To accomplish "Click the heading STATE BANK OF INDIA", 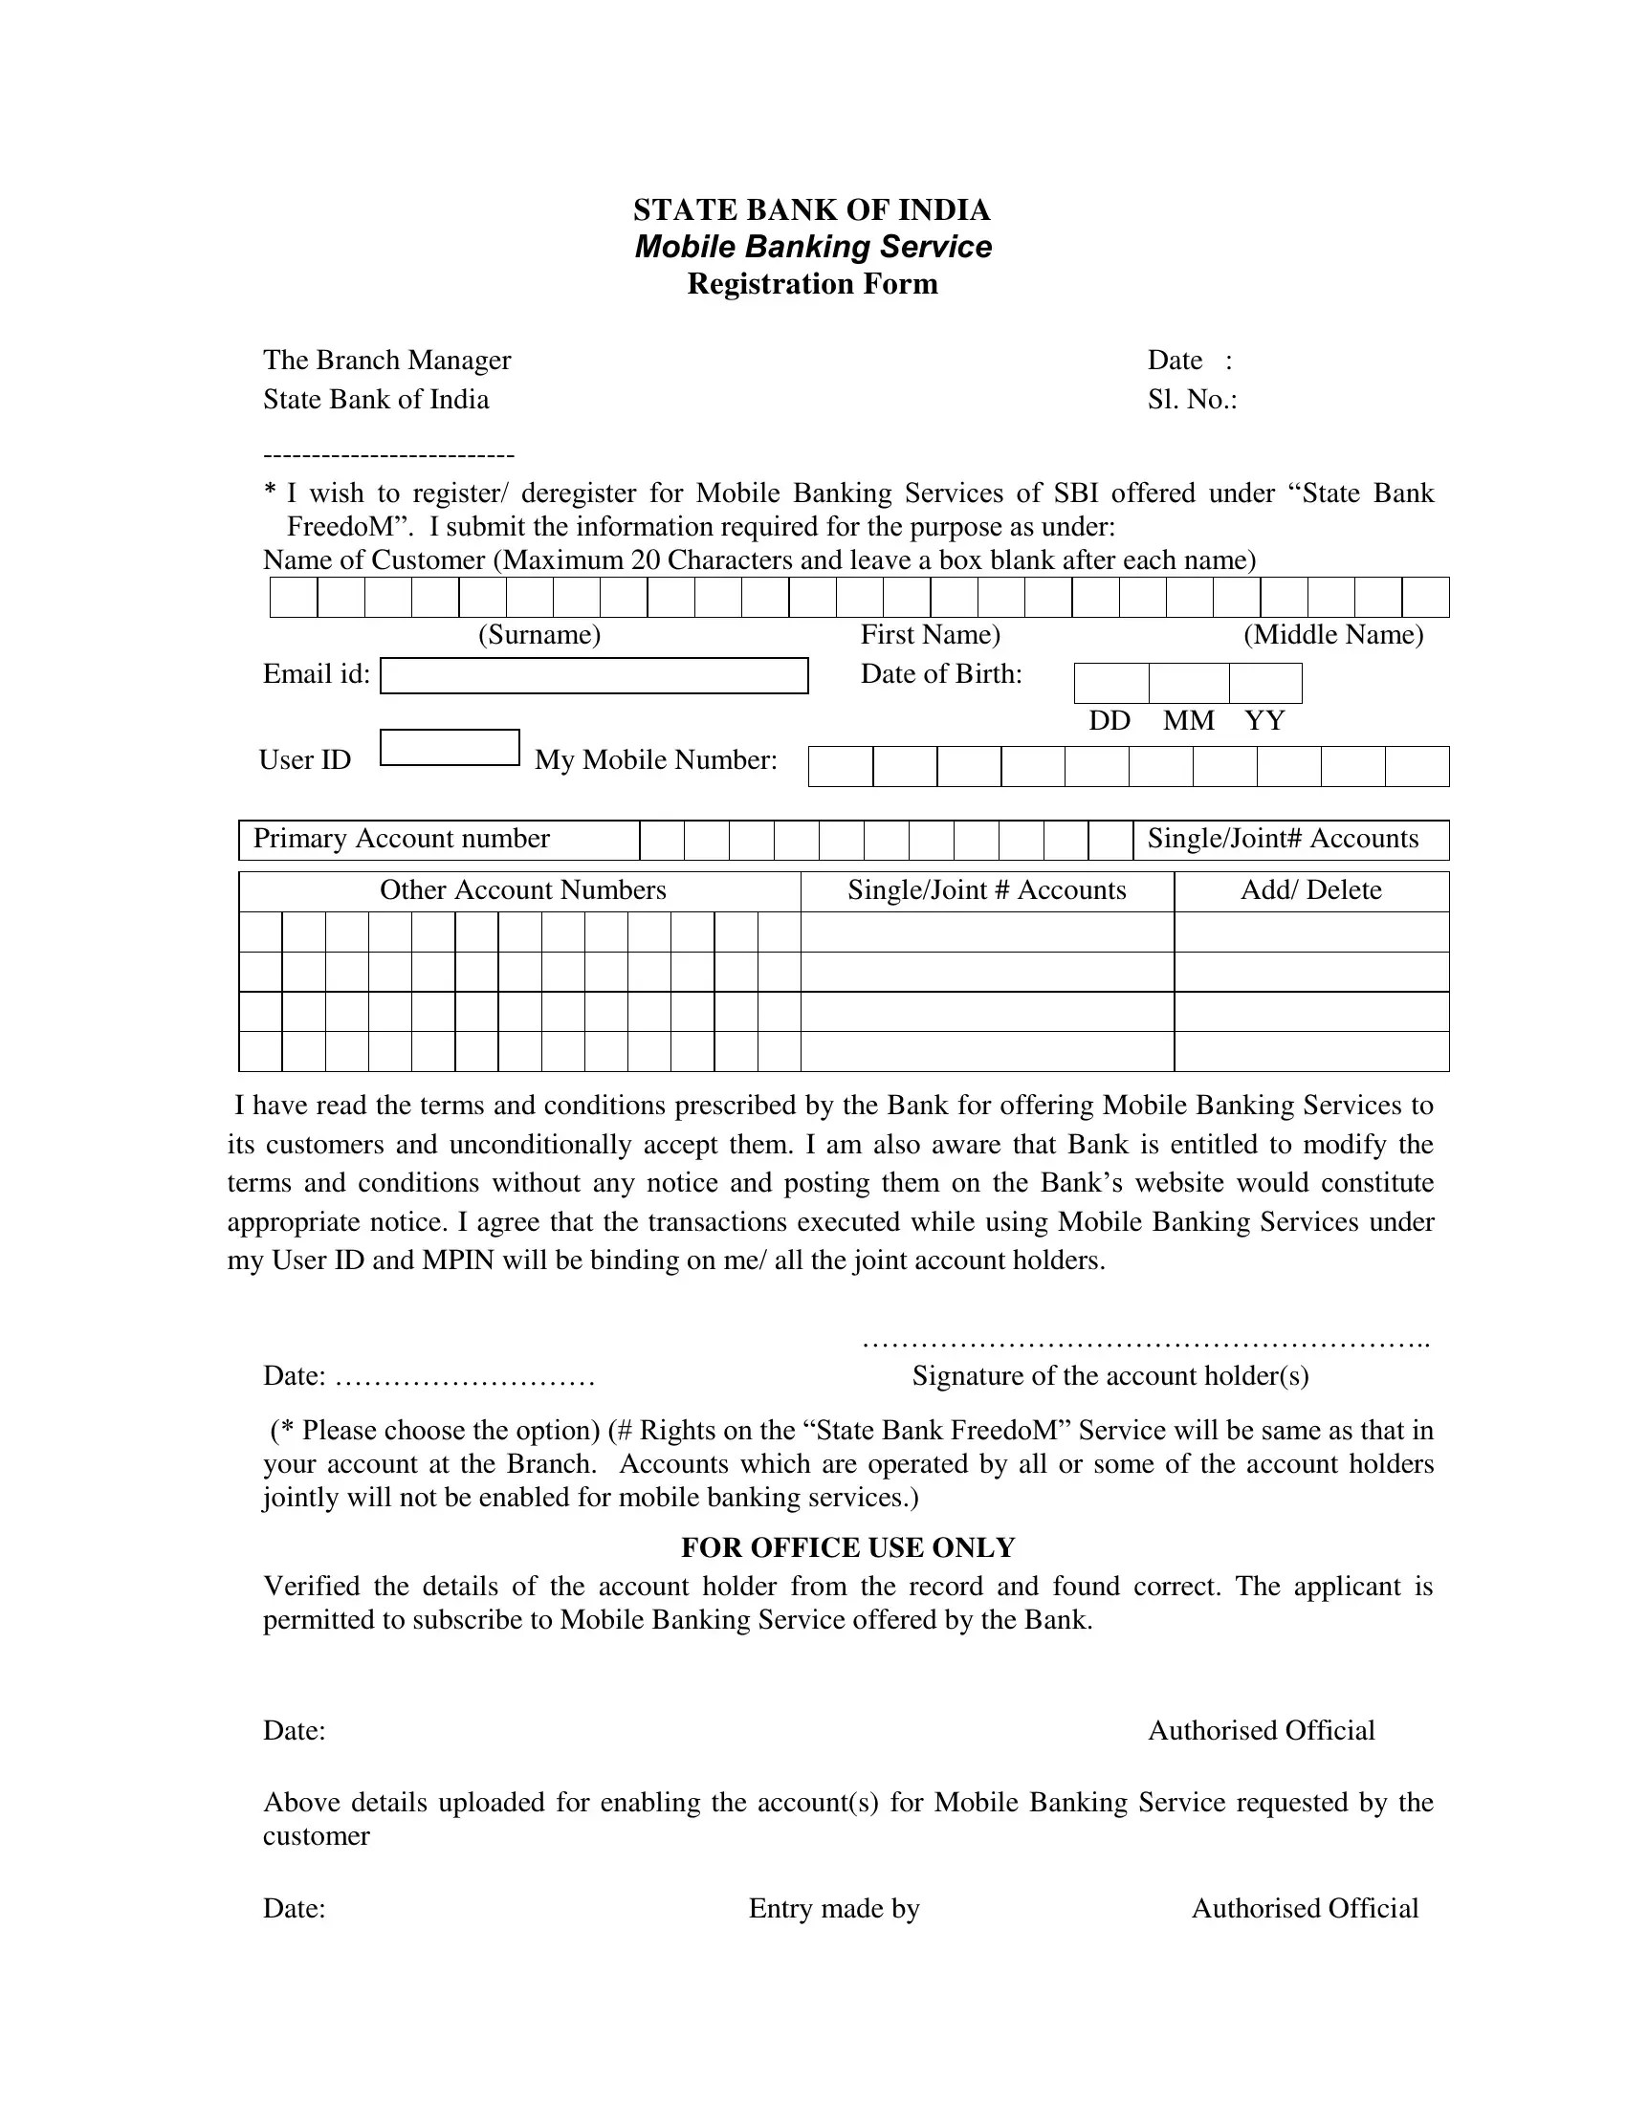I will (x=811, y=210).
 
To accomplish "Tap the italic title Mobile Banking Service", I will (x=812, y=247).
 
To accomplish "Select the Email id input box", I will (x=593, y=675).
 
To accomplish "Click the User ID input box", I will (x=450, y=748).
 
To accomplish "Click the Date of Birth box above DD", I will (x=1110, y=683).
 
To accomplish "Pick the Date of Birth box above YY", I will (x=1264, y=683).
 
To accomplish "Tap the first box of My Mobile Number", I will (x=840, y=767).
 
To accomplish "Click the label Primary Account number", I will (x=401, y=839).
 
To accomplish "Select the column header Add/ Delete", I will (x=1310, y=890).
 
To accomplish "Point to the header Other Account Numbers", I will (x=522, y=890).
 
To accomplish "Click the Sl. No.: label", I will (x=1192, y=400).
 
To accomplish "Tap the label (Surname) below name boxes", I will (x=539, y=635).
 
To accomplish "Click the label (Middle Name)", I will (x=1332, y=635).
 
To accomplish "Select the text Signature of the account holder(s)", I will (x=1110, y=1375).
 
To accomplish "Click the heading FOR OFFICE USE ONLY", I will (x=847, y=1547).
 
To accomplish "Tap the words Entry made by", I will (x=834, y=1909).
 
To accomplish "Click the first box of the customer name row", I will (x=294, y=598).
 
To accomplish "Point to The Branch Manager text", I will (x=386, y=361).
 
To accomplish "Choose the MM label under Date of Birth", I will (x=1188, y=720).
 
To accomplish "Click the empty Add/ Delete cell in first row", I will (x=1310, y=931).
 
